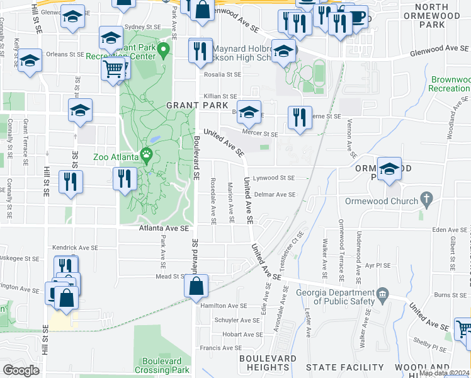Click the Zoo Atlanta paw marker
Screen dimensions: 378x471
tap(147, 153)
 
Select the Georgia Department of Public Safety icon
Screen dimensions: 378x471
tap(382, 295)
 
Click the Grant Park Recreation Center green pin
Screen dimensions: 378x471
tap(164, 49)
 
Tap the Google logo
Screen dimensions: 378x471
tap(21, 370)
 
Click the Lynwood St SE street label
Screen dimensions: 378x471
tap(278, 179)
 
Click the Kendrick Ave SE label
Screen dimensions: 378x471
tap(73, 248)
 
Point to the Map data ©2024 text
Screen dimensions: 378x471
tap(444, 373)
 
